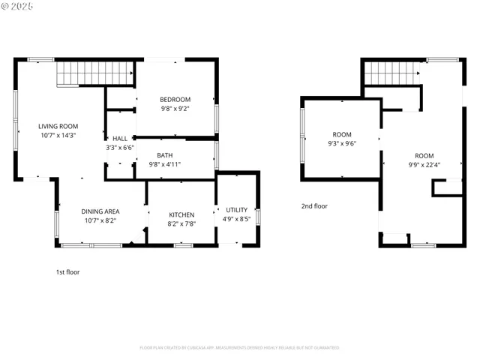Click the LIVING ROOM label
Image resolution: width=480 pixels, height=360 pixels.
[58, 126]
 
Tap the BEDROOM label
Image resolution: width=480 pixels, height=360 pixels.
[175, 99]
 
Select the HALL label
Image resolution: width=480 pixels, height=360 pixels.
[120, 139]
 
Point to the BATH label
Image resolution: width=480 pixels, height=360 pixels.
[164, 155]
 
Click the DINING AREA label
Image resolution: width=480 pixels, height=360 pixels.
[100, 211]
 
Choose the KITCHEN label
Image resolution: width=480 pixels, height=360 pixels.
[181, 214]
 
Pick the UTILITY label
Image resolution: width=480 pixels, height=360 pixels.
[237, 210]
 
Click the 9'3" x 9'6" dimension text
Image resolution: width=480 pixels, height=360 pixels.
[341, 143]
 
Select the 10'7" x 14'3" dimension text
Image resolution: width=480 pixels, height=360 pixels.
[58, 136]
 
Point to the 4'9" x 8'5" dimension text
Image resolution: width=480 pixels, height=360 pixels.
[237, 220]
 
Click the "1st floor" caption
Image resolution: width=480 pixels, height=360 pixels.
[67, 272]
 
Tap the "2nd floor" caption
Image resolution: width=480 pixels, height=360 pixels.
[314, 205]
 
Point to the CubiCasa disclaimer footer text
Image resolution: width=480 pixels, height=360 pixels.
[239, 347]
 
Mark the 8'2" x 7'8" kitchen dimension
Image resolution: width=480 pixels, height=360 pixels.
[181, 224]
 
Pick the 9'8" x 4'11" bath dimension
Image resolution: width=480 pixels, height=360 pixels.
[164, 165]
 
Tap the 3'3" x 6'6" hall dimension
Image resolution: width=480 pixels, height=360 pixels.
[120, 148]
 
